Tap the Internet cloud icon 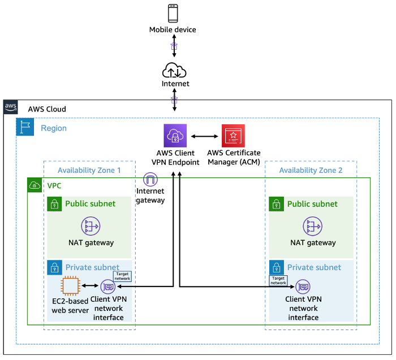174,70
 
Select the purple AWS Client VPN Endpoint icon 175,136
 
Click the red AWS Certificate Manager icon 233,136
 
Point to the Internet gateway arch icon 150,180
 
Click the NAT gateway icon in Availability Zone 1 91,226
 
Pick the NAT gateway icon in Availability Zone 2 312,226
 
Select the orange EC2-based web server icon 70,286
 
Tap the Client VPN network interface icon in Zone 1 107,287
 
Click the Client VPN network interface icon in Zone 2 303,287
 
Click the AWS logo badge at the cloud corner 11,107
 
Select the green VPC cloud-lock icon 35,185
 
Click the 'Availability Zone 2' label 310,170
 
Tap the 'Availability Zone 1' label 89,170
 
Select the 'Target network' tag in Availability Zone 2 278,280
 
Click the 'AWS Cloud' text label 47,109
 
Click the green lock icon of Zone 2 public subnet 276,203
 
